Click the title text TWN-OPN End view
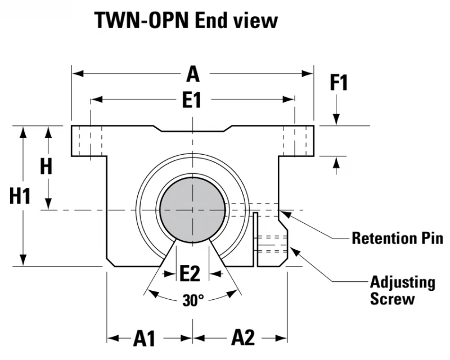pyautogui.click(x=186, y=20)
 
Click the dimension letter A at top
pyautogui.click(x=192, y=74)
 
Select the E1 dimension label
pyautogui.click(x=192, y=100)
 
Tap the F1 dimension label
pyautogui.click(x=339, y=83)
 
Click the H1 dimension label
pyautogui.click(x=20, y=196)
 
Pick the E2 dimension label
pyautogui.click(x=190, y=273)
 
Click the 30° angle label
pyautogui.click(x=193, y=300)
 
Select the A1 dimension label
pyautogui.click(x=144, y=339)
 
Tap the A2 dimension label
pyautogui.click(x=243, y=337)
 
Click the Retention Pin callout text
pyautogui.click(x=398, y=238)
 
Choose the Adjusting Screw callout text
pyautogui.click(x=402, y=290)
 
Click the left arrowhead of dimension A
pyautogui.click(x=78, y=74)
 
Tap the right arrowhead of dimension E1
pyautogui.click(x=289, y=100)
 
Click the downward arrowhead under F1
pyautogui.click(x=336, y=119)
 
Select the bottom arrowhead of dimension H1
pyautogui.click(x=23, y=260)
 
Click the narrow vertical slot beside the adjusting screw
pyautogui.click(x=255, y=240)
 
